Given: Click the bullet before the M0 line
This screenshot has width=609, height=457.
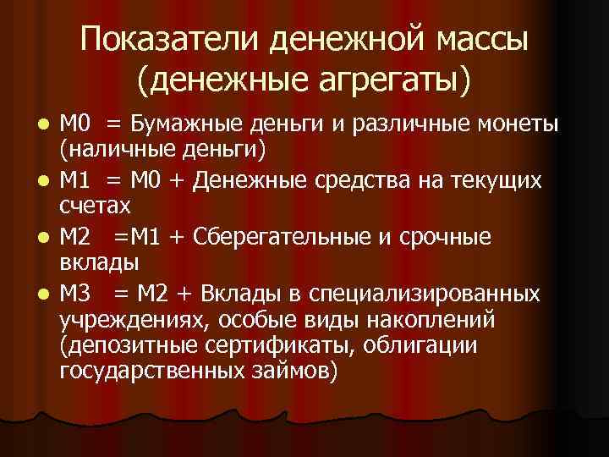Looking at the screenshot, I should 47,124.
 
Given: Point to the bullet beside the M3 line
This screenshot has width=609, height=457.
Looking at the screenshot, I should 47,294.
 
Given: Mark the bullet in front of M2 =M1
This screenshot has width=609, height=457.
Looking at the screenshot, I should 47,238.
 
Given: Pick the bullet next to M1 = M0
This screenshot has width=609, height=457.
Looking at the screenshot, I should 47,181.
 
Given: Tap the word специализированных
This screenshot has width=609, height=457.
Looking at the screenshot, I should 425,294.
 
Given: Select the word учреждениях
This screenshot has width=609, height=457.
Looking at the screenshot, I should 134,320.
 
